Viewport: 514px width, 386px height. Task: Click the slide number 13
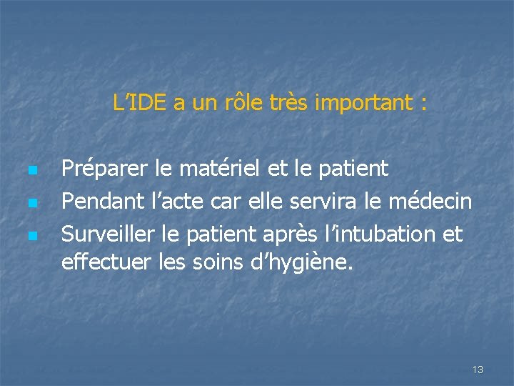[478, 370]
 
